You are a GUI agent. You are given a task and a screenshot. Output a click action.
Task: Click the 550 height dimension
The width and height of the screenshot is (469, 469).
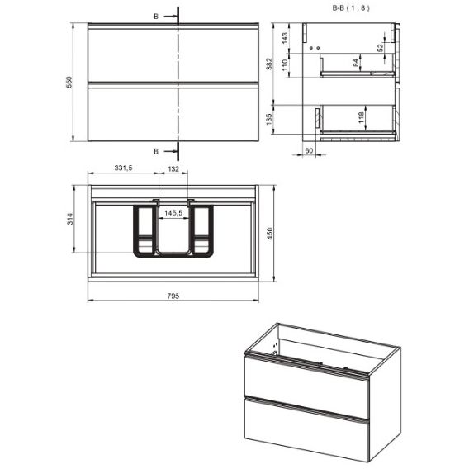tap(69, 82)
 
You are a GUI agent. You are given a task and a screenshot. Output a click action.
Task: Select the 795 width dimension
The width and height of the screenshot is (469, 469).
tap(173, 296)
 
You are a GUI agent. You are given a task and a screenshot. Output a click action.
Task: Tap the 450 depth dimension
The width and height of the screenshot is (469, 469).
tap(270, 234)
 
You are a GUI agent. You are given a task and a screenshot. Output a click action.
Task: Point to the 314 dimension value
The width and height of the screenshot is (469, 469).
tap(69, 219)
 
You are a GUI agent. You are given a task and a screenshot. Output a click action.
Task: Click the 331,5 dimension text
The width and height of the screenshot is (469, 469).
tap(123, 168)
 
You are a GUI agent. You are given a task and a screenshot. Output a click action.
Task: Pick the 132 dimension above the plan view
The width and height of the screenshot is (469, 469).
tap(173, 169)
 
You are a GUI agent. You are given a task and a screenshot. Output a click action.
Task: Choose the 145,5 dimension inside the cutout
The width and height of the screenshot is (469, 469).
tap(173, 213)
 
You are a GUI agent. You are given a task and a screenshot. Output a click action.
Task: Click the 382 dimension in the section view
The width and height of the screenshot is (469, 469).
tap(269, 64)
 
